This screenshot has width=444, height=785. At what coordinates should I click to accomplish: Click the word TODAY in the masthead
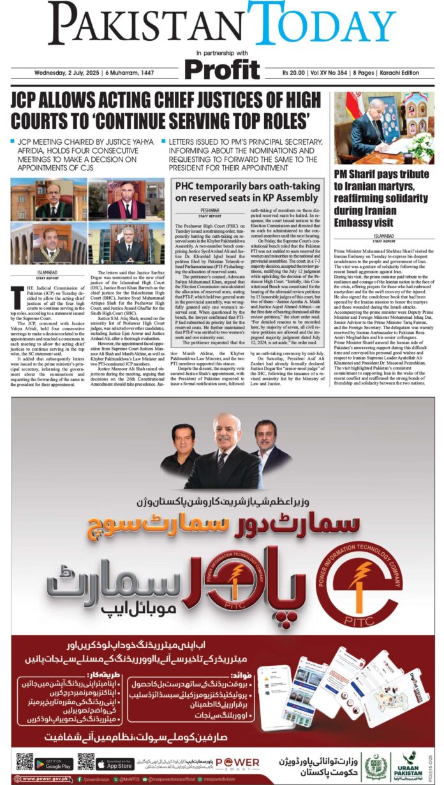pos(322,24)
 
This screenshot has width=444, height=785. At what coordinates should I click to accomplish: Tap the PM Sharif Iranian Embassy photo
pos(384,128)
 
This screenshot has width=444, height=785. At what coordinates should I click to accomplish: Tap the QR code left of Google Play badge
pos(24,762)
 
